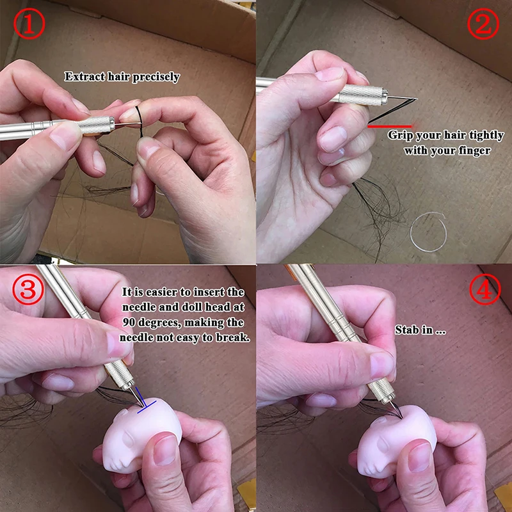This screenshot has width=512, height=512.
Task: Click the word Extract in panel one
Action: click(83, 77)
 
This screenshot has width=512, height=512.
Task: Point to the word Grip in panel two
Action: click(400, 136)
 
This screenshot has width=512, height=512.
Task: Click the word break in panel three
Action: click(233, 337)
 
